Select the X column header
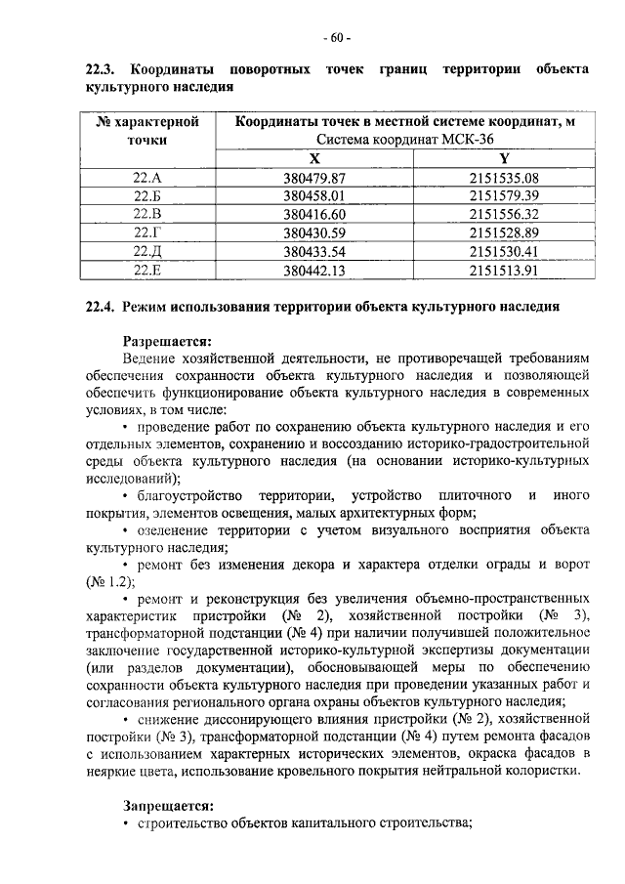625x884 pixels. tap(313, 159)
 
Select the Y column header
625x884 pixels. tap(503, 159)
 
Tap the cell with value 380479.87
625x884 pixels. tap(314, 178)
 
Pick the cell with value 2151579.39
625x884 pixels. tap(503, 195)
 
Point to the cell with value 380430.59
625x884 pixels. tap(314, 232)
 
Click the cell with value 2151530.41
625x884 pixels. tap(503, 251)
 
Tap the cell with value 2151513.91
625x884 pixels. tap(503, 270)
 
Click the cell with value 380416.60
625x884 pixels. tap(314, 214)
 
